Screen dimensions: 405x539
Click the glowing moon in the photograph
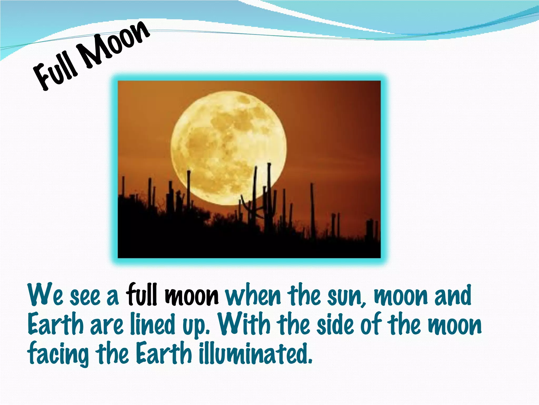pos(228,148)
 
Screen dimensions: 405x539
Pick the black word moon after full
pos(192,296)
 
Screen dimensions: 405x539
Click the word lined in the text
pos(153,324)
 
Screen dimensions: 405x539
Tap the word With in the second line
pos(244,324)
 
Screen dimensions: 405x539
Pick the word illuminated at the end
pos(255,353)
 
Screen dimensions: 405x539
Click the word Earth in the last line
pos(164,353)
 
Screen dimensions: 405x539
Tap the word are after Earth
pos(107,326)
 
